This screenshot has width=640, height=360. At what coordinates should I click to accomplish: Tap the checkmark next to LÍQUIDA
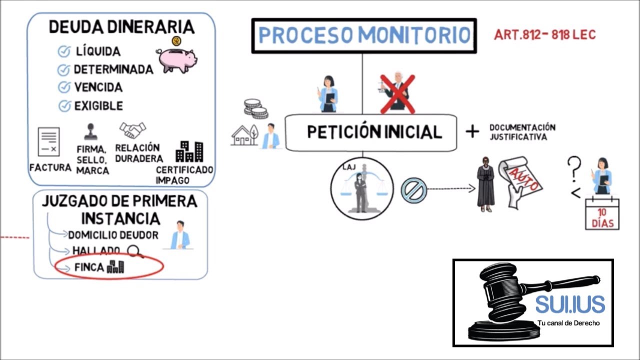(63, 51)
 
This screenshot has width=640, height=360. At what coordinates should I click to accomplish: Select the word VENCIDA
(98, 87)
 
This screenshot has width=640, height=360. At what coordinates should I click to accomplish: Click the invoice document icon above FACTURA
(48, 142)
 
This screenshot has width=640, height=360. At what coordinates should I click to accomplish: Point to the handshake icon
(132, 130)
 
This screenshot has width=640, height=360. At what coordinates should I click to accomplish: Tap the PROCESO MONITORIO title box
(364, 35)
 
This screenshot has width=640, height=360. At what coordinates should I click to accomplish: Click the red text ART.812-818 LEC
(544, 35)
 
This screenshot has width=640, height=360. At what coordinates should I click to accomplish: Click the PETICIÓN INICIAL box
(371, 132)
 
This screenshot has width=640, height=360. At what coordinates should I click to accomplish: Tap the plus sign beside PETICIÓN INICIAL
(472, 131)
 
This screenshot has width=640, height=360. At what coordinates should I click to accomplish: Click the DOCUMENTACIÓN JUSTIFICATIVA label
(522, 132)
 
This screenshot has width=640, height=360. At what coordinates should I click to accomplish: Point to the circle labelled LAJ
(362, 188)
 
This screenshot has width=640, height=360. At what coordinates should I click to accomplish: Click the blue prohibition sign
(413, 190)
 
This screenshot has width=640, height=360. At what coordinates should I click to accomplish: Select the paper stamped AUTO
(522, 181)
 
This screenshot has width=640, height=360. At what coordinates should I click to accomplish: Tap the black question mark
(574, 169)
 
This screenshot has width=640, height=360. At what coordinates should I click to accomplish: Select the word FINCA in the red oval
(89, 267)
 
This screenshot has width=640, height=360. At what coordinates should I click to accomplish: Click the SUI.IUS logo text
(569, 304)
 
